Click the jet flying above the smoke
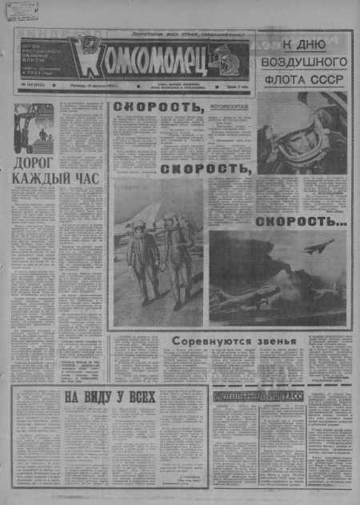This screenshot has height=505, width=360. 323,246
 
